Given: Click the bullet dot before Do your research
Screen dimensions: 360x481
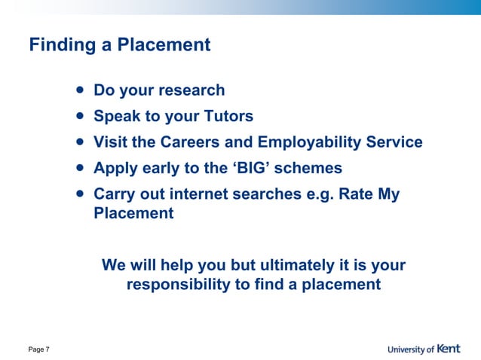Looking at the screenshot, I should pyautogui.click(x=79, y=90).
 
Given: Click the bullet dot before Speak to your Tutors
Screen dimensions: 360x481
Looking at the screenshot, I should pyautogui.click(x=79, y=116).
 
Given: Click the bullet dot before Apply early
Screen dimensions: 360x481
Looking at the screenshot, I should pyautogui.click(x=79, y=167).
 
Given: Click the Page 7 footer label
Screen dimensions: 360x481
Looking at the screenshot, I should pyautogui.click(x=39, y=349).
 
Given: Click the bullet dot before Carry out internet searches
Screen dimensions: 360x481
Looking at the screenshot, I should pyautogui.click(x=79, y=193).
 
